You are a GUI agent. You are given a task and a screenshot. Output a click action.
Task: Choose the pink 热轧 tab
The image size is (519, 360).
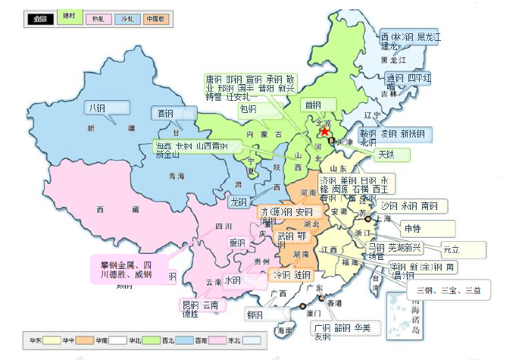(98, 18)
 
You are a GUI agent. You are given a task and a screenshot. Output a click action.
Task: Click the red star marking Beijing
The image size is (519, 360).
(325, 131)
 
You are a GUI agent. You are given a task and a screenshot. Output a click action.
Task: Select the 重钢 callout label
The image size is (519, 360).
(238, 243)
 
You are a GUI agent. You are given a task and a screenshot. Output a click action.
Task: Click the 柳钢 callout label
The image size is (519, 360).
(256, 315)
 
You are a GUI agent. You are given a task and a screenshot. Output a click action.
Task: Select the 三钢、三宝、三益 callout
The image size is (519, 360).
(448, 290)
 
